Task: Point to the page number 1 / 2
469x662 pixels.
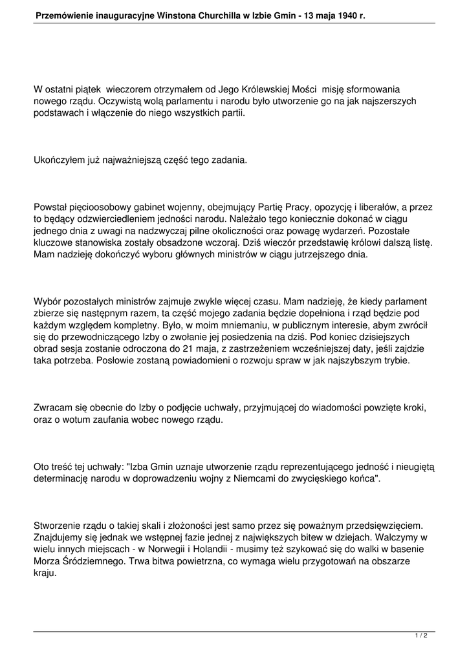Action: click(x=420, y=635)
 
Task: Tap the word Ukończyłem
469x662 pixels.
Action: click(x=61, y=160)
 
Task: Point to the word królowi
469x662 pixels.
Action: click(x=353, y=243)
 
